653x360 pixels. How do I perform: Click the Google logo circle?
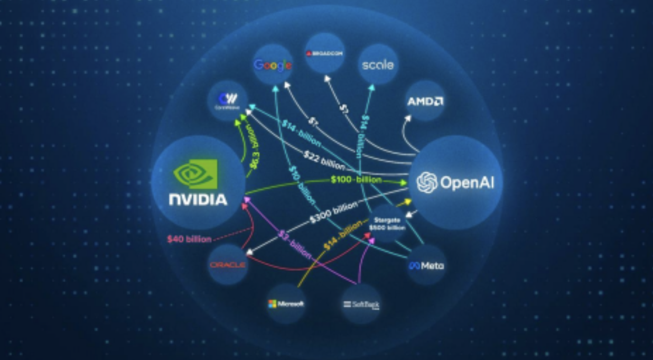pos(273,64)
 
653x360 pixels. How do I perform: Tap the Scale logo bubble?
pos(378,65)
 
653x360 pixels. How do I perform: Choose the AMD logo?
pos(425,101)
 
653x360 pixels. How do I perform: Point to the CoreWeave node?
pos(228,100)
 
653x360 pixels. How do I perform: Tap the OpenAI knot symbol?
pos(427,182)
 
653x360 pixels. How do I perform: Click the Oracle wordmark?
pos(228,264)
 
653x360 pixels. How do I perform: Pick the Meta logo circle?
pos(426,265)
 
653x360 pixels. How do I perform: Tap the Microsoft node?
pos(286,304)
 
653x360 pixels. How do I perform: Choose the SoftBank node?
pos(361,304)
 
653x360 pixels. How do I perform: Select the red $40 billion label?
pos(189,239)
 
